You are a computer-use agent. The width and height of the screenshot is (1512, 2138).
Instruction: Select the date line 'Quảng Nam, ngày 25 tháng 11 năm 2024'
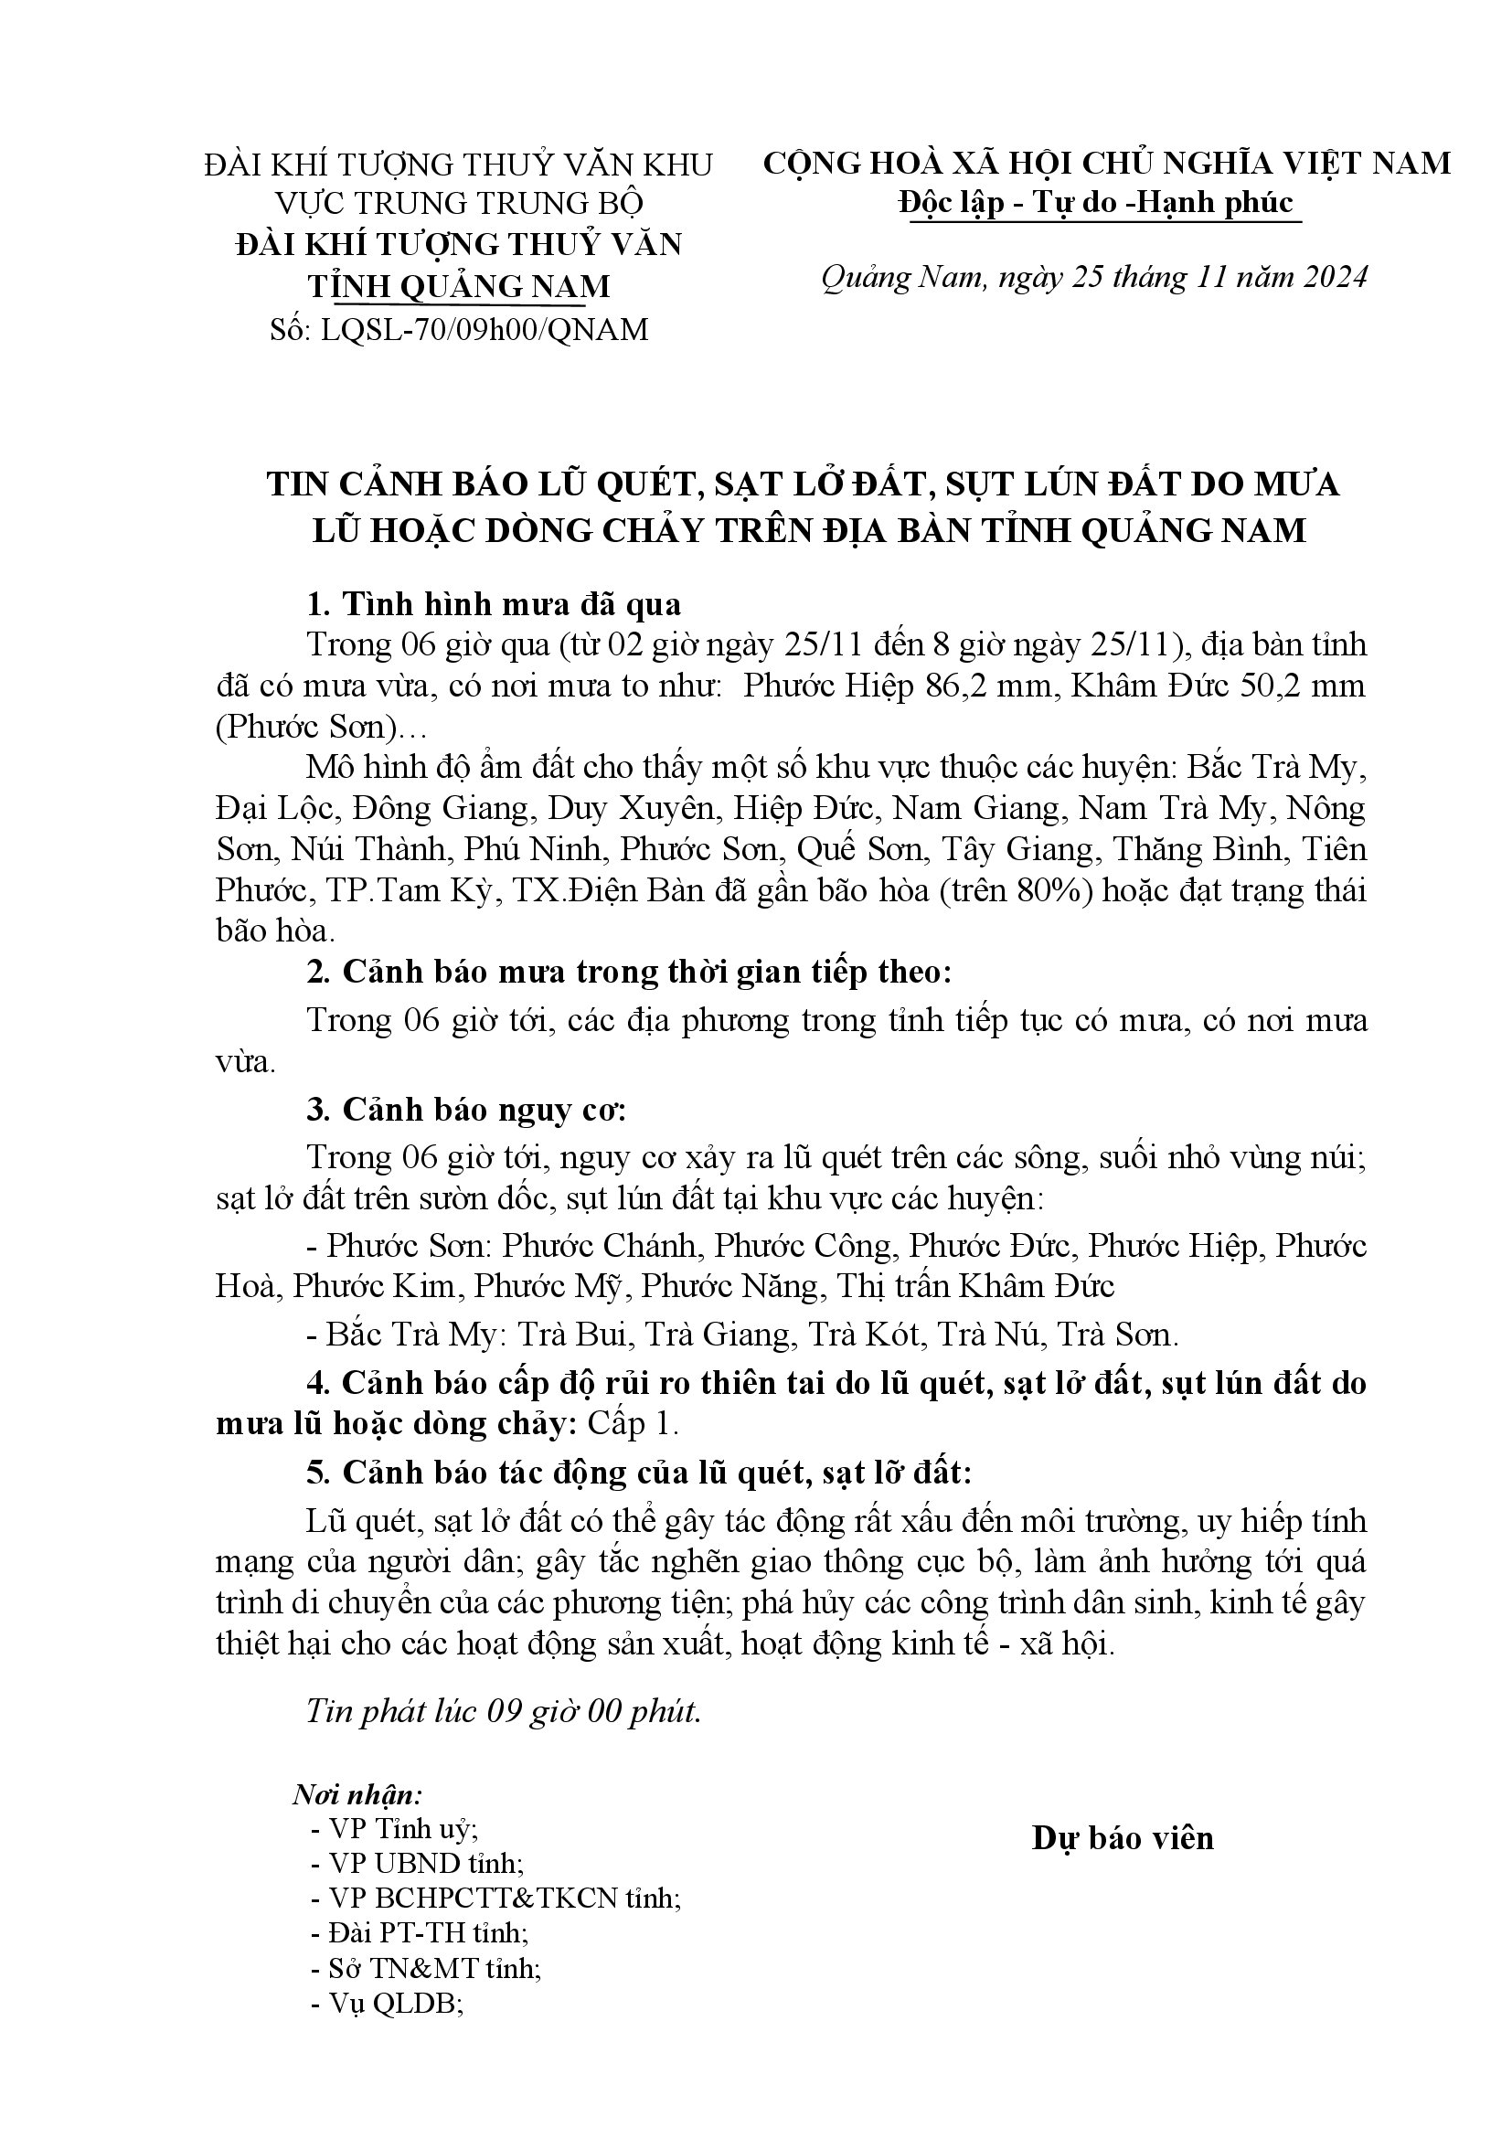click(x=1094, y=278)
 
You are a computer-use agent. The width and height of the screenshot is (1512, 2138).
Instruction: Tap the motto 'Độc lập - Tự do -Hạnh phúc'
click(x=1096, y=203)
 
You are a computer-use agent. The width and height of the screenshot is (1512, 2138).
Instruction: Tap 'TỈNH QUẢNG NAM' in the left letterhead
click(x=459, y=286)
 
